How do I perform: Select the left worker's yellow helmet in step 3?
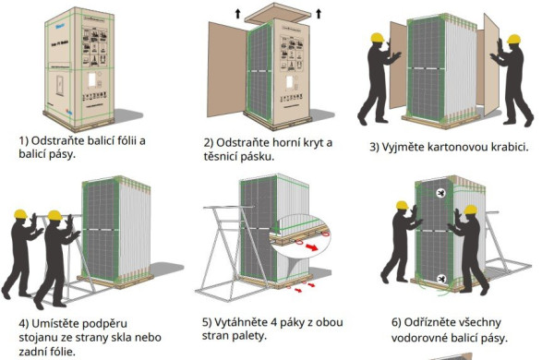[x=377, y=39]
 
